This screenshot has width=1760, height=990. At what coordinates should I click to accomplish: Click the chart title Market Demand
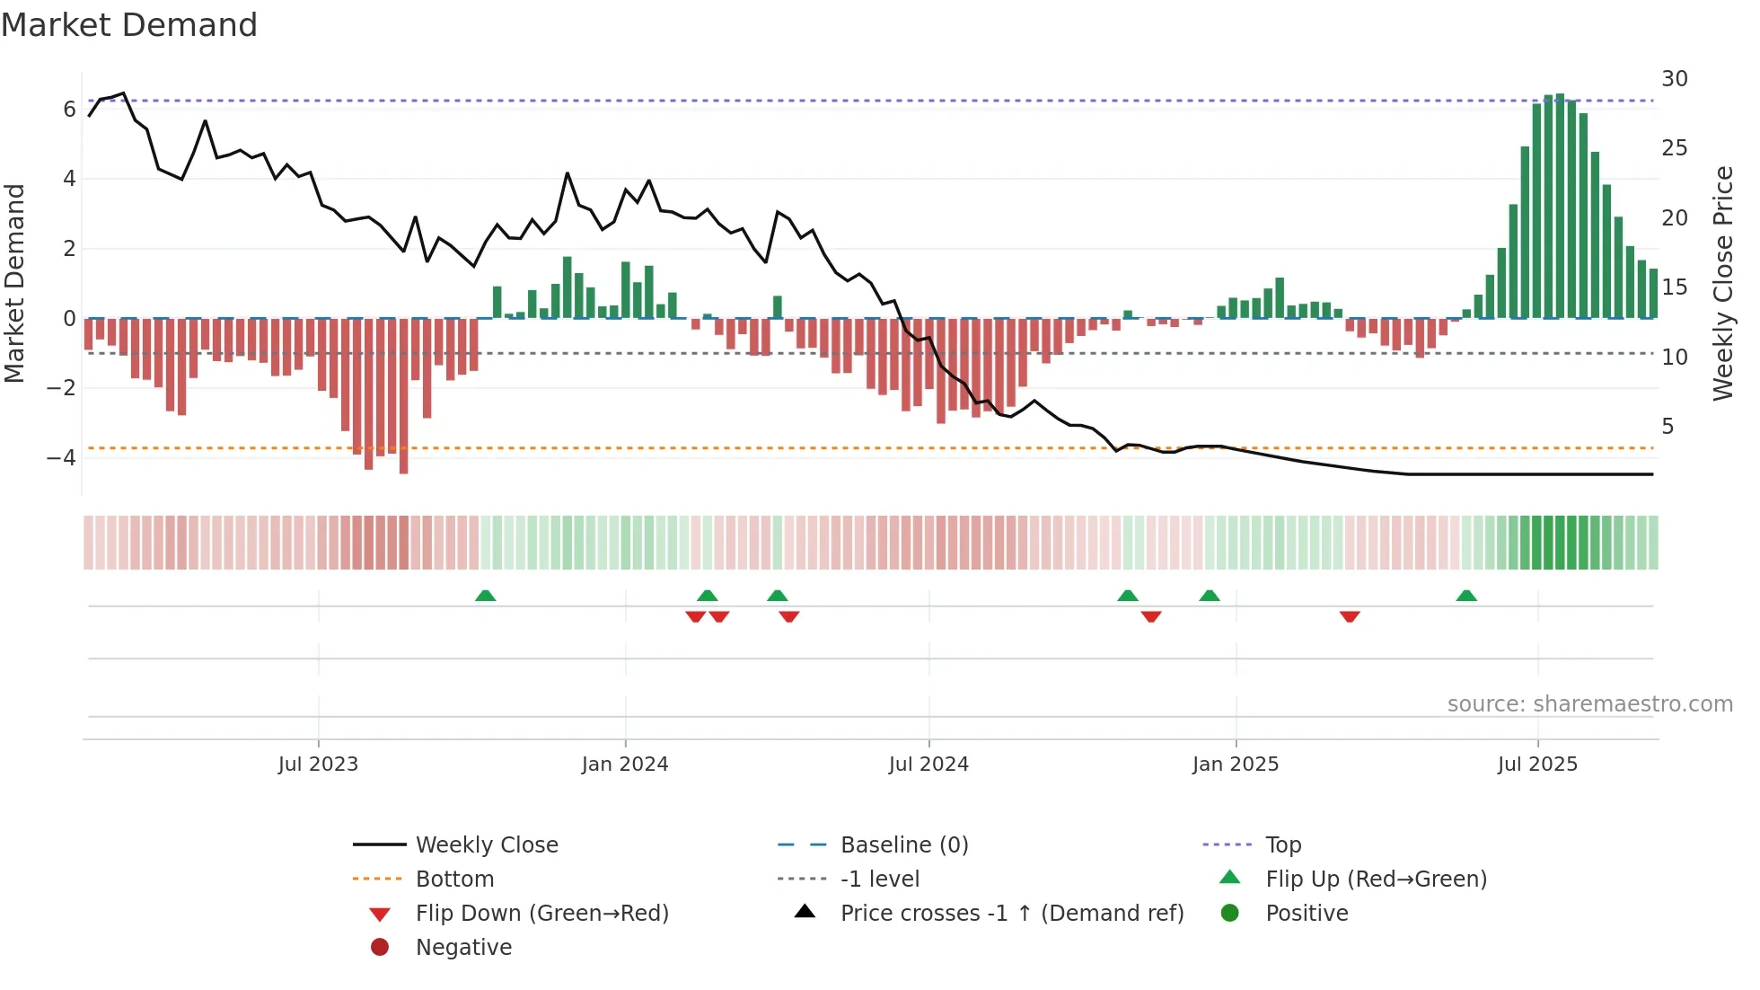coord(129,25)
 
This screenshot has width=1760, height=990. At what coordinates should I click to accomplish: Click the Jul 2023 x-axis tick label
coord(318,765)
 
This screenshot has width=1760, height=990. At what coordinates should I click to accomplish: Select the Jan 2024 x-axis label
coord(625,765)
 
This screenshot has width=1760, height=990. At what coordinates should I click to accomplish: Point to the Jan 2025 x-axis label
coord(1236,765)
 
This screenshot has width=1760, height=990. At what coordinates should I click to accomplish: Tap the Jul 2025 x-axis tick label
coord(1537,765)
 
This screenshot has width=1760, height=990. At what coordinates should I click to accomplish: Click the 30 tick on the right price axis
coord(1674,79)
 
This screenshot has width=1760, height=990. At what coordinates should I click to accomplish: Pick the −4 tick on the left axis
coord(62,458)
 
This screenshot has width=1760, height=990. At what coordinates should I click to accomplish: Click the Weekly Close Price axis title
coord(1722,283)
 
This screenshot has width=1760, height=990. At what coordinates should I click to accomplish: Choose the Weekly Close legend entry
coord(486,845)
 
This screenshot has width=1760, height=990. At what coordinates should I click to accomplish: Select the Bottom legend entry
coord(454,880)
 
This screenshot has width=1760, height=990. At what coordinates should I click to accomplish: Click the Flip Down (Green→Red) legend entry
coord(541,914)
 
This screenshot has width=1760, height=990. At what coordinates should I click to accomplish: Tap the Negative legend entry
coord(463,948)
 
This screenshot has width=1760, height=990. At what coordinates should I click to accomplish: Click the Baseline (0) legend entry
coord(903,845)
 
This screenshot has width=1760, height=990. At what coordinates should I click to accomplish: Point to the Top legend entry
coord(1283,845)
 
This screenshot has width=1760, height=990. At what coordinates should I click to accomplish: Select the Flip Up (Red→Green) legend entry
coord(1376,880)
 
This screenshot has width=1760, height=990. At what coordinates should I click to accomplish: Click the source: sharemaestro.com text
coord(1589,704)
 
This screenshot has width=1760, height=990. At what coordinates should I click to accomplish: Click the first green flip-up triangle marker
coord(485,596)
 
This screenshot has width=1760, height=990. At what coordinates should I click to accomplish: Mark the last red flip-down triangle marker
coord(1350,616)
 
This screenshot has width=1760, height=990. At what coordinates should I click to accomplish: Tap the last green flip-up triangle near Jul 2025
coord(1466,596)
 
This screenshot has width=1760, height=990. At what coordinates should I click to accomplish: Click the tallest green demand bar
coord(1560,207)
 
